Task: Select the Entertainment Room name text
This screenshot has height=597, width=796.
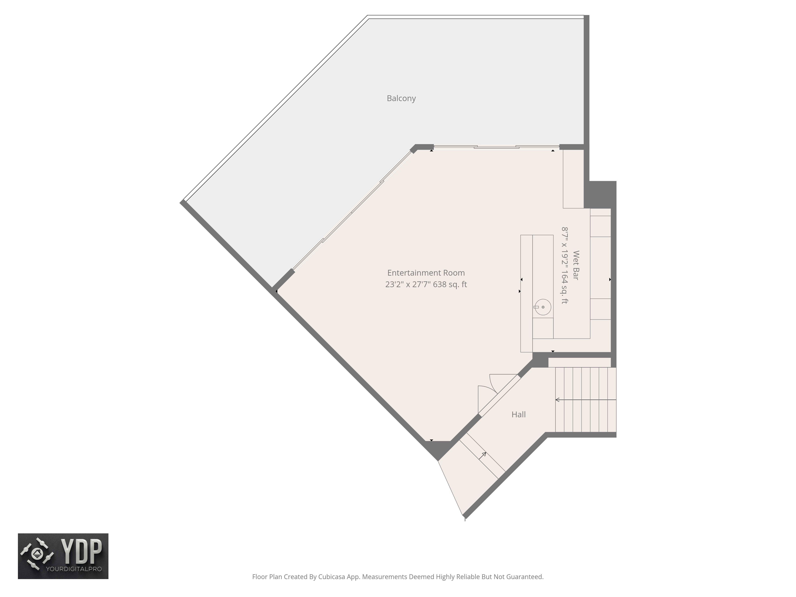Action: point(426,273)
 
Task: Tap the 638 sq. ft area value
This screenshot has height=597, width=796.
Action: point(450,284)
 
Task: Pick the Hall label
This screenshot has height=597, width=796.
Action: point(518,415)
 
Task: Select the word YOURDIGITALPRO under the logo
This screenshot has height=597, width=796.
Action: point(74,569)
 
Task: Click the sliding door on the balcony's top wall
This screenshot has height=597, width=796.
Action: point(496,147)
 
